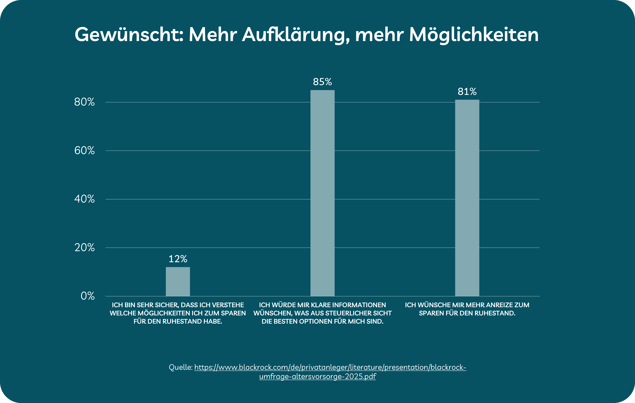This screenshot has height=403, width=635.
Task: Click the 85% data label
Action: [322, 82]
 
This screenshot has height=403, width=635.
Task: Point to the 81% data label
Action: [467, 92]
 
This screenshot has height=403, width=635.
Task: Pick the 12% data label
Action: [178, 259]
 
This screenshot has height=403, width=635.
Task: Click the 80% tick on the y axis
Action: [84, 102]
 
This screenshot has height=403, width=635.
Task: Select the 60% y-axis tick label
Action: [84, 151]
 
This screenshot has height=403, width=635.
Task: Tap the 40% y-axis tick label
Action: [84, 199]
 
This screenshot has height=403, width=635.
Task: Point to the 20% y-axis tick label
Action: [84, 248]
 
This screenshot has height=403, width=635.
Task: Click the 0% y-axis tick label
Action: [88, 296]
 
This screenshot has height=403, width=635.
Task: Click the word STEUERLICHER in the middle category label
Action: [346, 313]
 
